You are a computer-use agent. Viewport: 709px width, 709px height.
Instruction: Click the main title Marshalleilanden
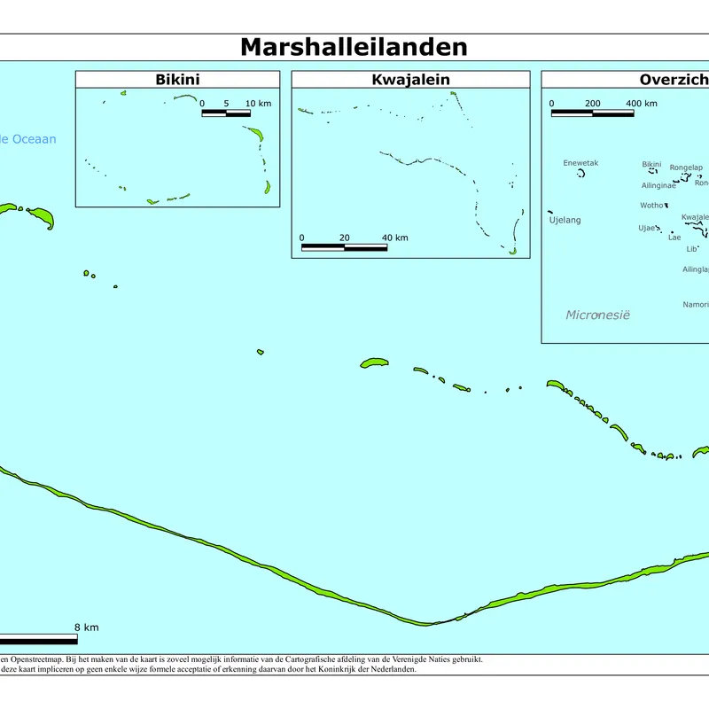point(354,47)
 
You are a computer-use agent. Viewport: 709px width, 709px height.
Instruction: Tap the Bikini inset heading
point(177,80)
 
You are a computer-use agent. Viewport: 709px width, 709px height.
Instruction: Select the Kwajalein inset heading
point(410,80)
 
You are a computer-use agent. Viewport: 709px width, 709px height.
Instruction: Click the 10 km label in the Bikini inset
point(258,104)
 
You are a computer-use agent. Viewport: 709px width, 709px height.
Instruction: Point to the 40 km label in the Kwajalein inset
point(394,238)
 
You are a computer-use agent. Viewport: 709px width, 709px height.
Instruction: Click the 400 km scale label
point(642,104)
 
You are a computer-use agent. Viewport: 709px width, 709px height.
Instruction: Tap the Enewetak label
point(580,163)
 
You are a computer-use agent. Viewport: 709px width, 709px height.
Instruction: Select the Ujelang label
point(565,220)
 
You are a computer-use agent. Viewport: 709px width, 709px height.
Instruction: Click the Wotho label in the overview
point(651,206)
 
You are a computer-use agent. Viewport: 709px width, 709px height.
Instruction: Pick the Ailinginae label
point(658,185)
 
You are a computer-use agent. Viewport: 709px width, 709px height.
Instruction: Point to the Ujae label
point(647,228)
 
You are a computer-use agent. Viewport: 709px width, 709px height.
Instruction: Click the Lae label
point(674,238)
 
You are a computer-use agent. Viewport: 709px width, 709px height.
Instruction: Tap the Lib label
point(692,249)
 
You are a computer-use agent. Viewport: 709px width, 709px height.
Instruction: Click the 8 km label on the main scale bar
point(86,627)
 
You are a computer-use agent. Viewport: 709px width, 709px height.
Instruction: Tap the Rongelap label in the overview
point(686,168)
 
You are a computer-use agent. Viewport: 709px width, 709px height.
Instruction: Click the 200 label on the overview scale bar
point(593,104)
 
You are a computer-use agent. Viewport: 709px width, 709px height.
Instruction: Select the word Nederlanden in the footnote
point(391,669)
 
